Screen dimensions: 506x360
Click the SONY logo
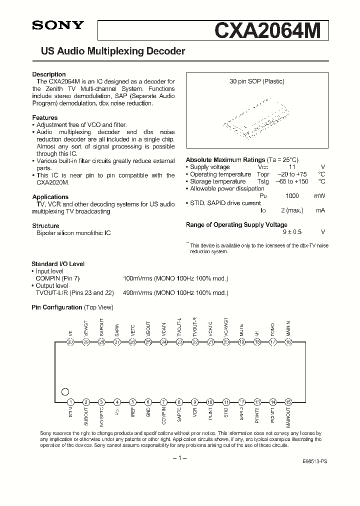pyautogui.click(x=58, y=26)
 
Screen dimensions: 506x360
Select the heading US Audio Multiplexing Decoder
pyautogui.click(x=109, y=51)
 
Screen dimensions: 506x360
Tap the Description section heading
pyautogui.click(x=49, y=74)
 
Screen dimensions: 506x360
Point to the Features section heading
pyautogui.click(x=45, y=117)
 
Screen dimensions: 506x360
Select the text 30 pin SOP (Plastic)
pyautogui.click(x=257, y=81)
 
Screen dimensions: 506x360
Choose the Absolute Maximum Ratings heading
pyautogui.click(x=225, y=160)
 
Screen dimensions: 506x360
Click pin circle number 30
pyautogui.click(x=70, y=342)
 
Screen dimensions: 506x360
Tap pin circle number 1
pyautogui.click(x=70, y=402)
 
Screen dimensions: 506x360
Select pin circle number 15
pyautogui.click(x=288, y=402)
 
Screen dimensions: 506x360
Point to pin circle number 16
pyautogui.click(x=288, y=342)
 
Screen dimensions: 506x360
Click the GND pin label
pyautogui.click(x=148, y=413)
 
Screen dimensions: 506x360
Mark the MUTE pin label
pyautogui.click(x=241, y=330)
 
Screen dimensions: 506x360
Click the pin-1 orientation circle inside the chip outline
pyautogui.click(x=65, y=392)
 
